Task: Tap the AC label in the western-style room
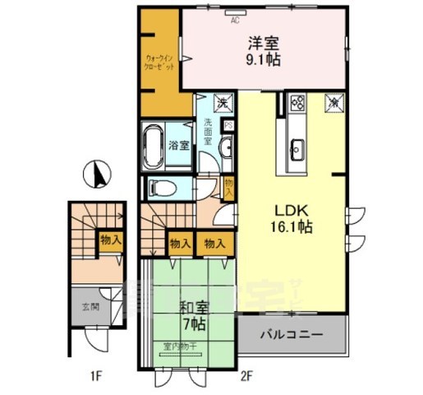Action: pyautogui.click(x=234, y=19)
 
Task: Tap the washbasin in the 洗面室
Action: pyautogui.click(x=225, y=146)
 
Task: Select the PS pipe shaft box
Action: pyautogui.click(x=228, y=126)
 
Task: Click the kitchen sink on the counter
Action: pyautogui.click(x=296, y=149)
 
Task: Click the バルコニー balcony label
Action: pyautogui.click(x=292, y=336)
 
